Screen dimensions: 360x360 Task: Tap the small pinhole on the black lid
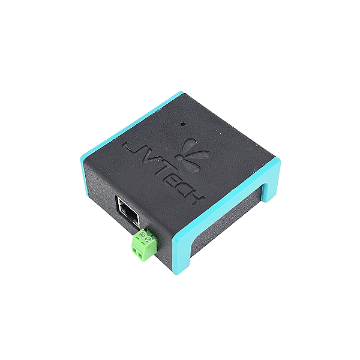tap(183, 124)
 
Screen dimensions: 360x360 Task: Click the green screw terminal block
tap(144, 245)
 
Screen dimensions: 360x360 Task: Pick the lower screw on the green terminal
tap(148, 241)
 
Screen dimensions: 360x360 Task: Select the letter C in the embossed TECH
tap(184, 190)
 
